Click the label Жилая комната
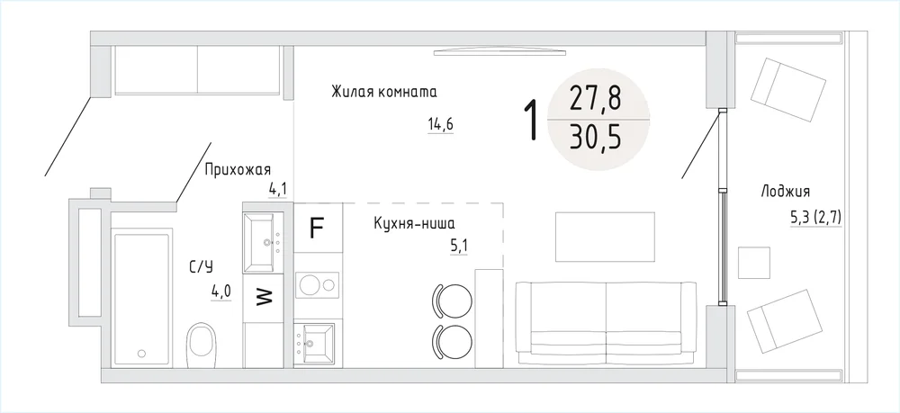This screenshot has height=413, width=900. pos(384,93)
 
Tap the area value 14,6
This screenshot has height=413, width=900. pos(440,124)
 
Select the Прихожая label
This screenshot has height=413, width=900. pos(238,170)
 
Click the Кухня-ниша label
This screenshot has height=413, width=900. pos(418,223)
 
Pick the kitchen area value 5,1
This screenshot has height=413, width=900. pos(459,247)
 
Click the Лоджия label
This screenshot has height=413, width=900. pos(785,193)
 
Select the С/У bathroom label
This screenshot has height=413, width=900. pos(201,266)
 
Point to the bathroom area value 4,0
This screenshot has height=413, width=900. pos(221,292)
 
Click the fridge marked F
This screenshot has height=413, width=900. pos(318,228)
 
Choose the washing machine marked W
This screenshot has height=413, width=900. pos(264,298)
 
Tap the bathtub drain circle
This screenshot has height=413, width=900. pos(142,354)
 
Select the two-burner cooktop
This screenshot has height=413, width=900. pos(318,285)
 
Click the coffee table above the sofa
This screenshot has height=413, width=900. pos(605,237)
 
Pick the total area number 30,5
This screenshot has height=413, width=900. pos(596,139)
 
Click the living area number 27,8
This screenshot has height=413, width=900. pos(596,99)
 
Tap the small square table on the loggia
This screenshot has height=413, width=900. pos(753,263)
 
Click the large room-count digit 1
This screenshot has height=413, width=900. pos(533,120)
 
